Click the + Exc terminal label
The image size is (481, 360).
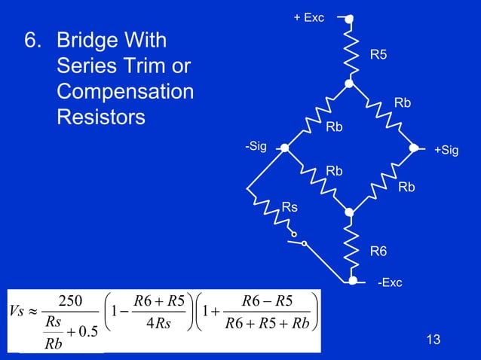(x=308, y=17)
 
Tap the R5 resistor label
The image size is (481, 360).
(x=378, y=54)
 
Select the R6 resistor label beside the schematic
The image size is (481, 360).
(x=378, y=252)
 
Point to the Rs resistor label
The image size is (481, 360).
(x=290, y=207)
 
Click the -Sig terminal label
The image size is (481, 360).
(x=256, y=146)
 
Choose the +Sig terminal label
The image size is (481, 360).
(x=446, y=150)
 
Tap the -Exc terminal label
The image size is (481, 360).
(x=390, y=282)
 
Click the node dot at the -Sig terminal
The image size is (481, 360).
(x=285, y=148)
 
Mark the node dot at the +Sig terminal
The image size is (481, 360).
(x=413, y=148)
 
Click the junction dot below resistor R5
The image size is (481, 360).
(x=349, y=84)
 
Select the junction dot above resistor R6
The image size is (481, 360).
(x=349, y=212)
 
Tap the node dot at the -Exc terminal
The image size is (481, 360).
(x=353, y=280)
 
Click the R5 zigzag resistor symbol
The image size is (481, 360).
(x=351, y=51)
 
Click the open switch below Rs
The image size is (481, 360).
(x=296, y=240)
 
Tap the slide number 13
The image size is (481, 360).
(x=434, y=339)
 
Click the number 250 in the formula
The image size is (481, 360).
(x=70, y=301)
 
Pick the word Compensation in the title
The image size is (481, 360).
(x=125, y=92)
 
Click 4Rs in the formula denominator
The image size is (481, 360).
(x=158, y=323)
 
